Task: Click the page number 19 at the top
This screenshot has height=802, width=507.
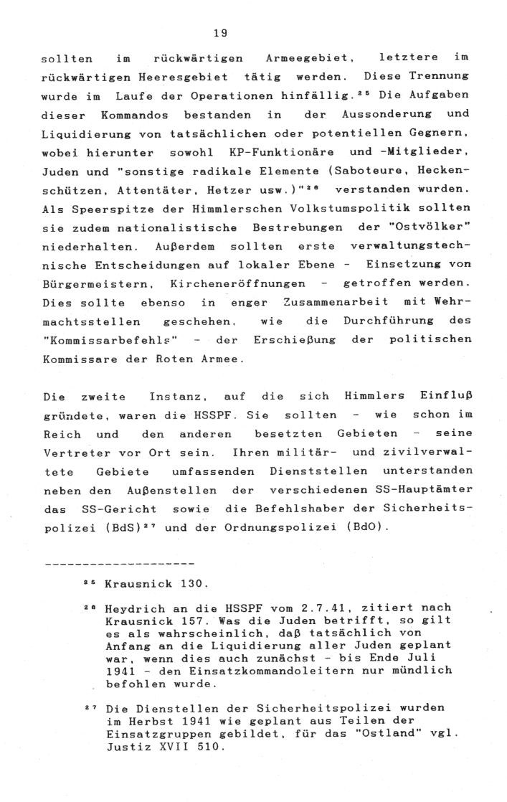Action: click(221, 32)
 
